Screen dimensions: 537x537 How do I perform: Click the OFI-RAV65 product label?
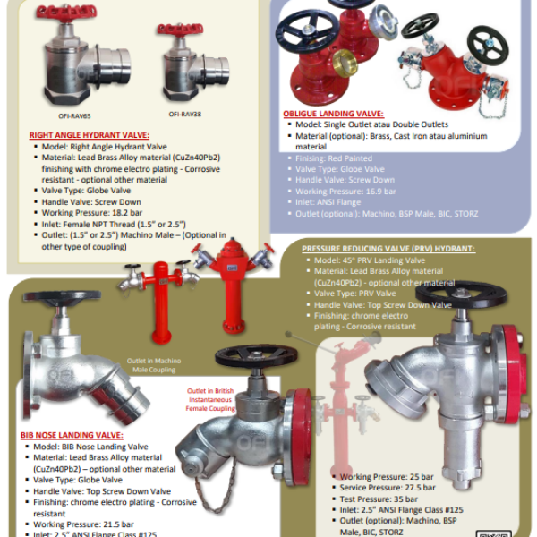pos(73,115)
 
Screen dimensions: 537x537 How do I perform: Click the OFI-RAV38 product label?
pos(186,115)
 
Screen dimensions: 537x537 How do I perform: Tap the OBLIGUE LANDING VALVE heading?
pos(333,115)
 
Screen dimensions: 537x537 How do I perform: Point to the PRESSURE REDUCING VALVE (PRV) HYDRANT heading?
pos(388,249)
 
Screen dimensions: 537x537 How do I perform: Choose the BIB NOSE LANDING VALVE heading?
pos(71,435)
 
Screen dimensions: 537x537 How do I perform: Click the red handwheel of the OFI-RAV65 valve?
pos(67,13)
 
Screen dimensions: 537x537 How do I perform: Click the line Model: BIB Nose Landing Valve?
pos(90,447)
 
